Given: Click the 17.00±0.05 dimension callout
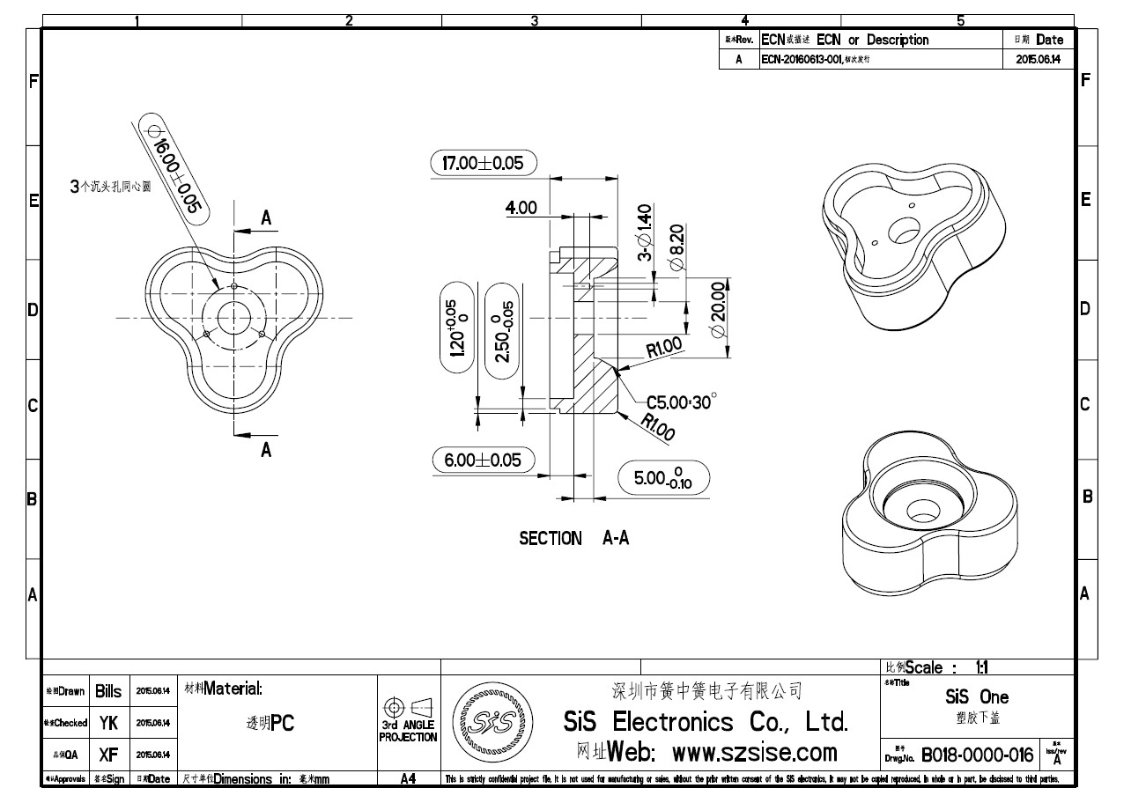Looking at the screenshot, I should tap(484, 163).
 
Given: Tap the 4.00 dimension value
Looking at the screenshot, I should tap(521, 208).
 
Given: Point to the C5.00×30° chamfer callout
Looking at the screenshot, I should tap(681, 402).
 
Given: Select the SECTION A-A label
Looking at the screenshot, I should tap(573, 538).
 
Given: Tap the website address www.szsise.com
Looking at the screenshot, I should tap(754, 753).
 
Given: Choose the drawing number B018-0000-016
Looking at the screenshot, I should tap(977, 755).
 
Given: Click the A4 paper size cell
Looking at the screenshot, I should tap(408, 779).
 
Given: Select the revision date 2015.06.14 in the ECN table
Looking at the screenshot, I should tap(1038, 60).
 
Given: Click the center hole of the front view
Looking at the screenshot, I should tap(233, 317).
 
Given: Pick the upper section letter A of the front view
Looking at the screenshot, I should tap(265, 218).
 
